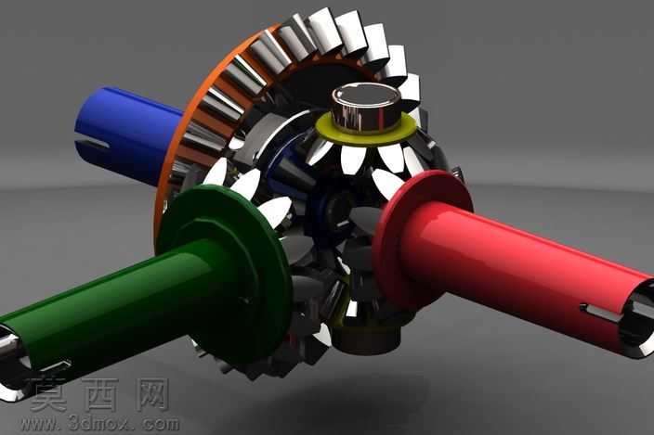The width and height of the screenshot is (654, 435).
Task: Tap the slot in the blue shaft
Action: click(93, 144)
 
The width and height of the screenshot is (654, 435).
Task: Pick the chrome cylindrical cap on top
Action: click(366, 106)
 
